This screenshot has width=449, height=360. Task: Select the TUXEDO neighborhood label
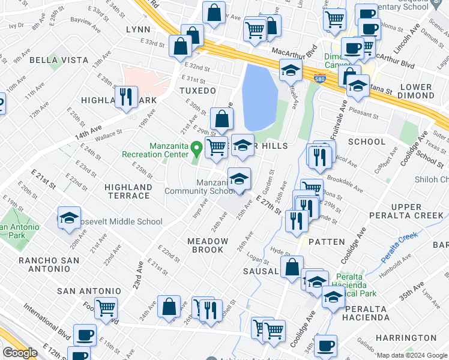click(x=197, y=91)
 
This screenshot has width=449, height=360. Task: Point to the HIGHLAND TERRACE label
click(x=127, y=191)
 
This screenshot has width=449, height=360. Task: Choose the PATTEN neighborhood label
click(x=328, y=242)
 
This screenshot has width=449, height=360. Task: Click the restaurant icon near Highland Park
click(x=126, y=97)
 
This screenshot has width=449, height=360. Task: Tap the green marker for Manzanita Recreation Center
click(x=196, y=146)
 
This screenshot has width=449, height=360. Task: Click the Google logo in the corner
click(x=20, y=353)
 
